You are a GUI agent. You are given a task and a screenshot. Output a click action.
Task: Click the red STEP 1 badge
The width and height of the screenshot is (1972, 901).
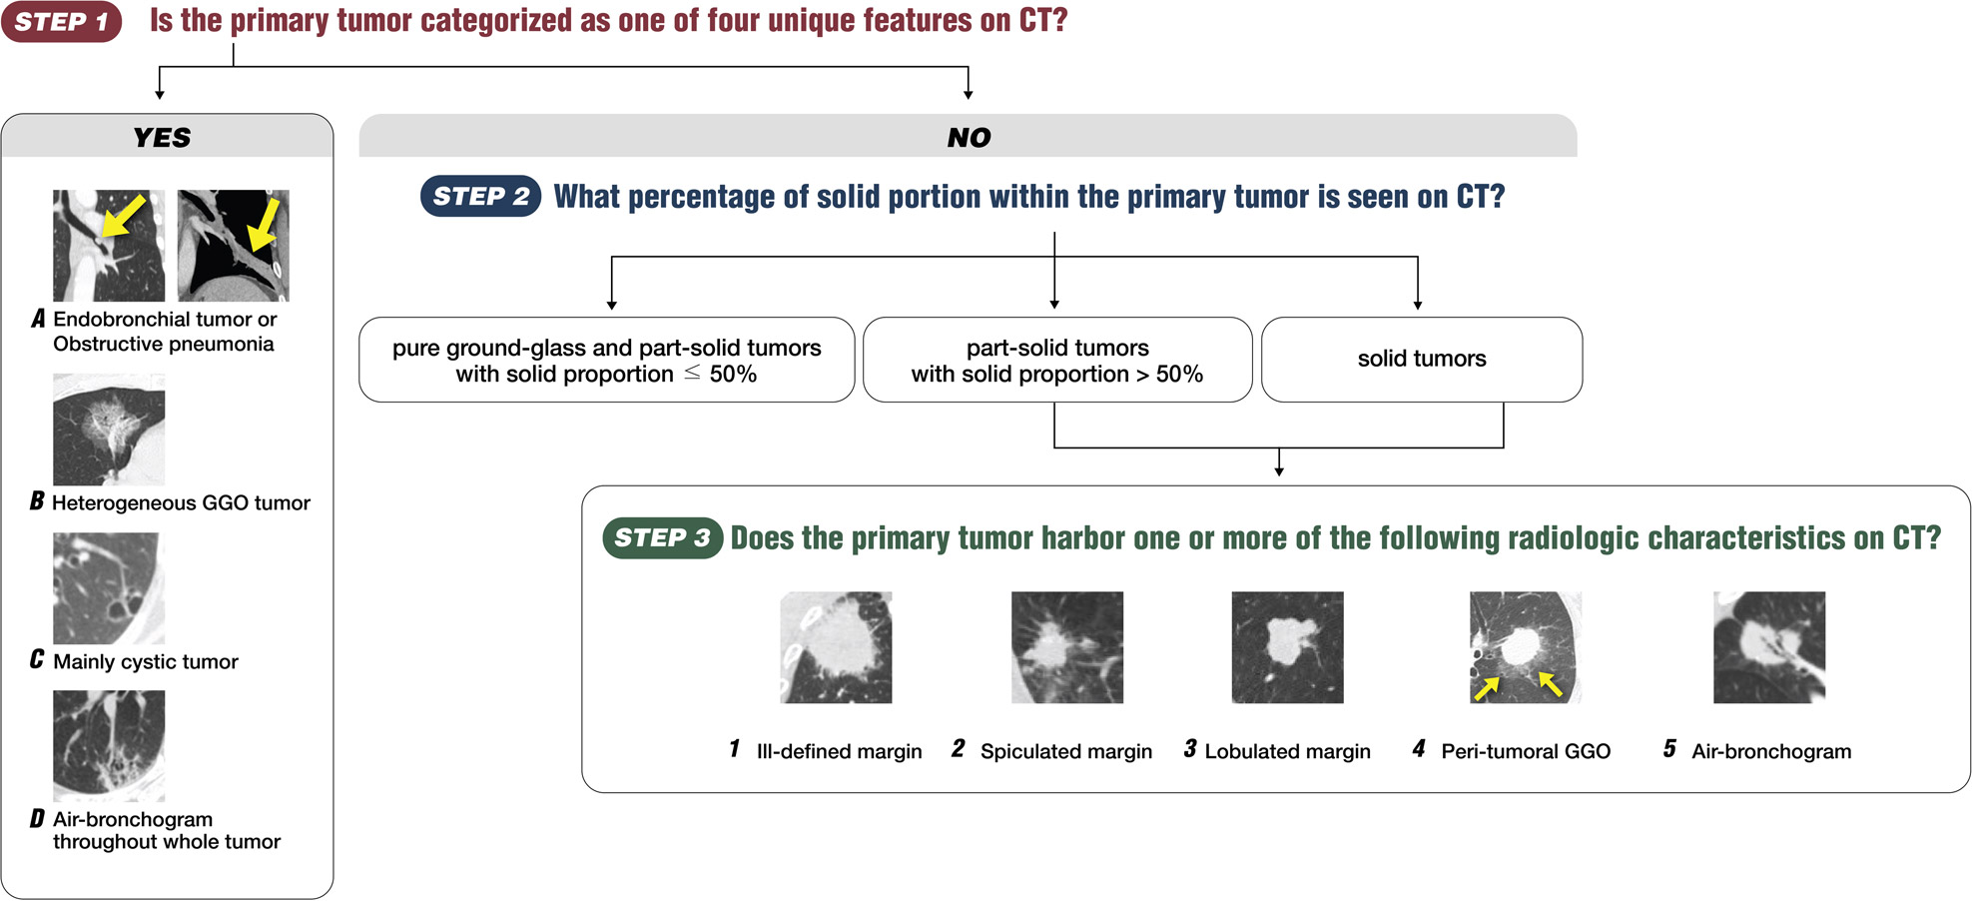pos(62,22)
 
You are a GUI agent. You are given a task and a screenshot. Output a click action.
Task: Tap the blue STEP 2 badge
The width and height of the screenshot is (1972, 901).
pos(480,196)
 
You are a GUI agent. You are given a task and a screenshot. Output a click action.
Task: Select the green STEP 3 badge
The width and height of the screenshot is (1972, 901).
pos(662,537)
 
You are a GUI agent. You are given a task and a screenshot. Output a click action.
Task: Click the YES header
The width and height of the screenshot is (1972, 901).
pos(163,137)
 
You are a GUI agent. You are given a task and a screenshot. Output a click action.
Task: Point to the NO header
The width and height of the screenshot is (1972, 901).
pos(969,137)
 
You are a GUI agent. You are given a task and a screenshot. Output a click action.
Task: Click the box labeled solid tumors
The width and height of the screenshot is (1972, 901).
pos(1422,360)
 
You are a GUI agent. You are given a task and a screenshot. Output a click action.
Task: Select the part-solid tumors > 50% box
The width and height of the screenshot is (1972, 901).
pos(1057,360)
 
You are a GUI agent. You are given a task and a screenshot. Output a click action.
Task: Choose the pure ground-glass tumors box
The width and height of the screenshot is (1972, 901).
pos(607,360)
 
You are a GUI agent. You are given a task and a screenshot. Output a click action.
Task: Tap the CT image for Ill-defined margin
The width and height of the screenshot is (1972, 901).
pos(836,647)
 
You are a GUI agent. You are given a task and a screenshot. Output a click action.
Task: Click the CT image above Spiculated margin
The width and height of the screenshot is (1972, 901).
pos(1067,647)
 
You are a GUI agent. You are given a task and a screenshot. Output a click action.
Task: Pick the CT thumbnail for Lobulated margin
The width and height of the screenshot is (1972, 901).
pos(1287,647)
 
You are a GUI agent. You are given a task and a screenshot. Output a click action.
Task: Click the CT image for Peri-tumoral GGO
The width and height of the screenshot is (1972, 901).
pos(1526,647)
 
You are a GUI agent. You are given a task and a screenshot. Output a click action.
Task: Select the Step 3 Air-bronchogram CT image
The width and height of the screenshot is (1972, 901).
pos(1769,647)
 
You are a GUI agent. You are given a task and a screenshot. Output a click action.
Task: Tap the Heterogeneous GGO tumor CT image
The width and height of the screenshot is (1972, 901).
pos(109,430)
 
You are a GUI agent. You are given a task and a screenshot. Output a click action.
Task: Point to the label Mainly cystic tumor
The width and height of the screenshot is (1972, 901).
pos(146,661)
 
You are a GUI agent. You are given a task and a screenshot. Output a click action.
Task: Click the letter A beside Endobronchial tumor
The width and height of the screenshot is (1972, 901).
pos(38,319)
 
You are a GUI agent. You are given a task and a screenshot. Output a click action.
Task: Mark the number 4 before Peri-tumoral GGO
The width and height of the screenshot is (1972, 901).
pos(1419,748)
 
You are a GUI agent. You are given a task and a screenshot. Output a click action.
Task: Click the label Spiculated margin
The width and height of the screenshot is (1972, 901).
pos(1066,751)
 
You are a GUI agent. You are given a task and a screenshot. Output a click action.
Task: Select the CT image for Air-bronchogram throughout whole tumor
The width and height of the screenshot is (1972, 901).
pos(109,746)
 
